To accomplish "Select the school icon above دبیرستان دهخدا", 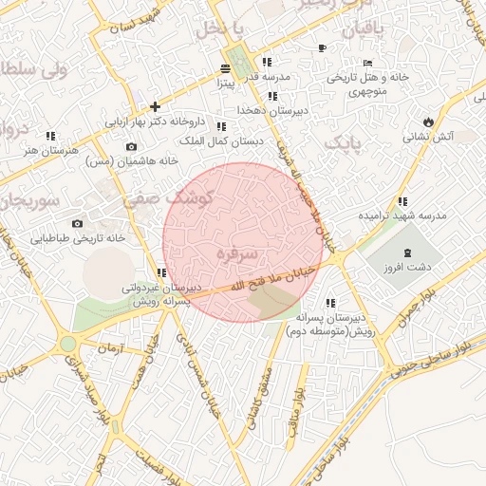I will click(272, 96).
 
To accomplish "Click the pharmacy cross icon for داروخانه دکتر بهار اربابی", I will click(155, 105).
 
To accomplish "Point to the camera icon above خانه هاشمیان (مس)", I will click(131, 146).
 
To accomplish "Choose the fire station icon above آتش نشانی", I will click(429, 121).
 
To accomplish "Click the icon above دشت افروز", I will click(408, 252).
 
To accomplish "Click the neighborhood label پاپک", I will click(344, 143).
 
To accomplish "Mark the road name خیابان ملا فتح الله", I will click(272, 279).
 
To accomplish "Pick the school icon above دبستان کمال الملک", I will click(221, 126).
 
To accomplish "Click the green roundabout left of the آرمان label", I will click(67, 345).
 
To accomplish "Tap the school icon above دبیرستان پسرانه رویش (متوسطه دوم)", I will click(330, 302).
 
